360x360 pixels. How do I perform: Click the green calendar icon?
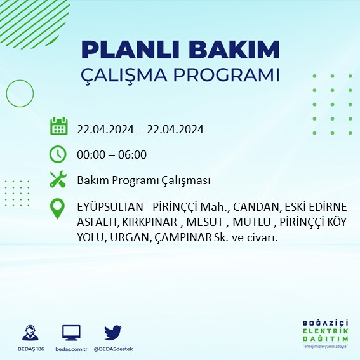click(58, 126)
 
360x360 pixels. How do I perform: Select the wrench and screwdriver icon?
click(58, 180)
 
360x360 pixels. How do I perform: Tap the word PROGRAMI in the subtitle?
click(225, 75)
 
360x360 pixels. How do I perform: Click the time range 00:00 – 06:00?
click(112, 154)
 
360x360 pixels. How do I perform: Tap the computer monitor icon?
click(71, 333)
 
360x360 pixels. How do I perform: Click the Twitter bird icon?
click(113, 333)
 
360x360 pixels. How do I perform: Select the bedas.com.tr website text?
click(71, 349)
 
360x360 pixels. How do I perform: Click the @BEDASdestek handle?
click(114, 349)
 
